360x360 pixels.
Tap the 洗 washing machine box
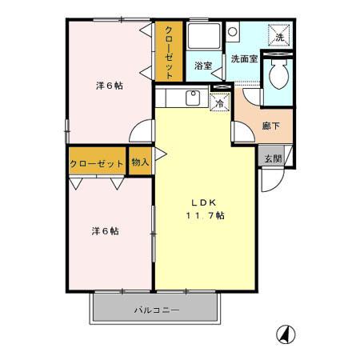coord(280,38)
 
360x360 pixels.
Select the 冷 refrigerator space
coord(218,102)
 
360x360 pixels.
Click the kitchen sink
coord(192,99)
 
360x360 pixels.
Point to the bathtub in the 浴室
coord(205,36)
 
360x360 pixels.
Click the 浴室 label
coord(203,67)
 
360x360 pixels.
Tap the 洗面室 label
coord(243,59)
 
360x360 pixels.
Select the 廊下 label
coord(270,126)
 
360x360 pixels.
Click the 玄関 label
coord(273,158)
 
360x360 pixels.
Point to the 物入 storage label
coord(139,162)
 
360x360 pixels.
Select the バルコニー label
coord(156,309)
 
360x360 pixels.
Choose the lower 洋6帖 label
coord(105,231)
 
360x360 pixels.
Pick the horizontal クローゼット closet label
coord(97,163)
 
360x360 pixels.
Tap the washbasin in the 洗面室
coord(232,31)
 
